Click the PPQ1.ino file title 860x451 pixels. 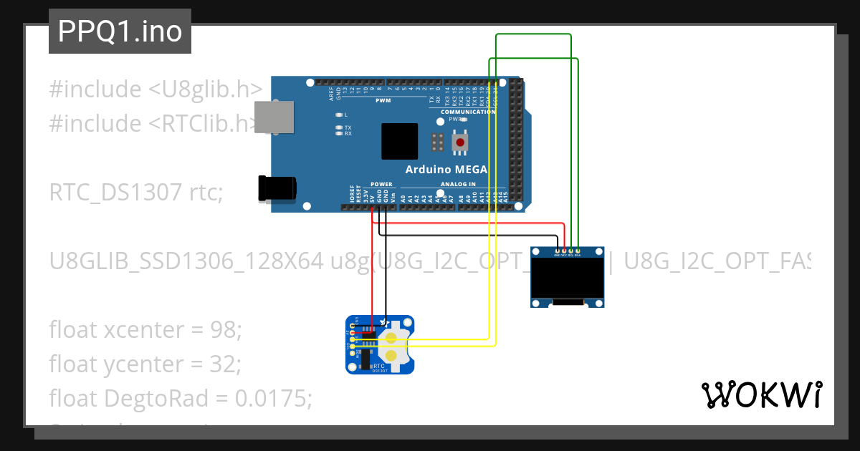point(120,31)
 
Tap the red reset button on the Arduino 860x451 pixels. point(460,142)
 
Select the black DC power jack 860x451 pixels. point(276,188)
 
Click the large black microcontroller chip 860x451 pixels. point(399,141)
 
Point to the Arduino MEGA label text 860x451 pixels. point(446,170)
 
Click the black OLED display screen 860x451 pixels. point(567,279)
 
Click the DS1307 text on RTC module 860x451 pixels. point(380,370)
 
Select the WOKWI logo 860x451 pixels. point(761,394)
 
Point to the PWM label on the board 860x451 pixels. point(383,101)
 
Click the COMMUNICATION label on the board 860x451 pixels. point(468,112)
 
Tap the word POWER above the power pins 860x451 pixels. point(381,184)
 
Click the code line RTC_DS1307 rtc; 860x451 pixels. point(136,193)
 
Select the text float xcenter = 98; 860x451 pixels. point(146,330)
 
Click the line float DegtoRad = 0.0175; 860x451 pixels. point(181,397)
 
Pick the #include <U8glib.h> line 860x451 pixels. point(155,89)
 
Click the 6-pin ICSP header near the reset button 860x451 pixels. point(437,142)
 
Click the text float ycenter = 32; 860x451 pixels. point(145,364)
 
